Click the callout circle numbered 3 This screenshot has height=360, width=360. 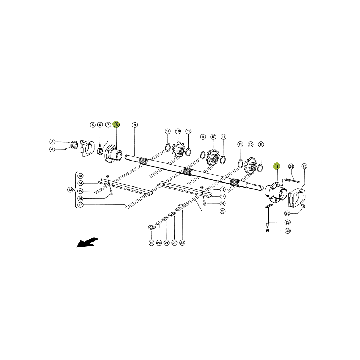52,141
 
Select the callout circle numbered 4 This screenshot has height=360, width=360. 52,149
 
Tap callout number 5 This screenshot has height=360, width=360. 93,125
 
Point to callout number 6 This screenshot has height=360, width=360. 100,125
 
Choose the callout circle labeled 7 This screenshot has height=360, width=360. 108,125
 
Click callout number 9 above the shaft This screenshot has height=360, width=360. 135,125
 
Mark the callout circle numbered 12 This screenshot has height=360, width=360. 70,190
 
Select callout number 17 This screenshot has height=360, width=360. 80,205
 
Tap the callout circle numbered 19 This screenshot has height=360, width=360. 151,243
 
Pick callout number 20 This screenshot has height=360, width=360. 159,243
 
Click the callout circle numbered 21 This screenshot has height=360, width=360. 166,243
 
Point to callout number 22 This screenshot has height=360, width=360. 174,243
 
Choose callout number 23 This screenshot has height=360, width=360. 182,243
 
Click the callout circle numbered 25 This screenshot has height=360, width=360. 291,166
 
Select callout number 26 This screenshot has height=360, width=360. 304,166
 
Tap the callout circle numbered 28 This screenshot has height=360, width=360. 288,213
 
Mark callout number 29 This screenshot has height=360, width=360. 288,222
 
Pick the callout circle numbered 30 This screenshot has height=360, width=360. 288,231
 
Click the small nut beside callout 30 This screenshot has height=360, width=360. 267,230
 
